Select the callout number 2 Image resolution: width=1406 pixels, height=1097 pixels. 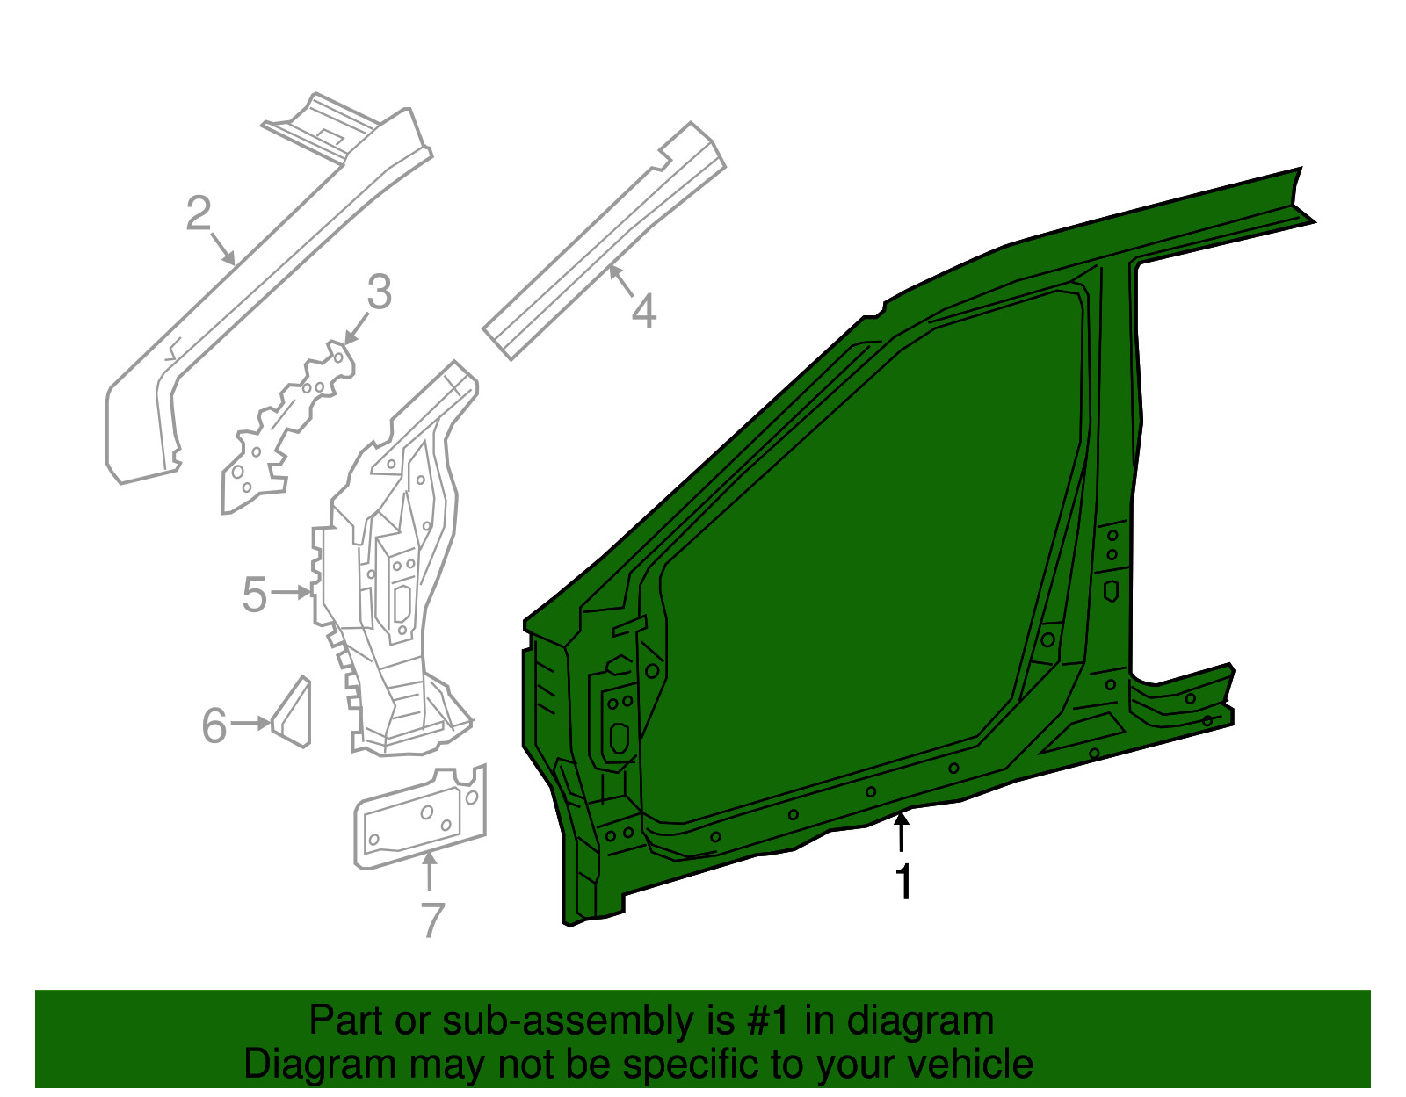[199, 213]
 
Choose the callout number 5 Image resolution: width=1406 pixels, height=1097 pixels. [254, 595]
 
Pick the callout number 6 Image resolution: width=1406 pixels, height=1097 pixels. [214, 725]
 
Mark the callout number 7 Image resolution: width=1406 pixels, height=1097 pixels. [433, 919]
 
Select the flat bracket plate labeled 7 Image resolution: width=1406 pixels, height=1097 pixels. [419, 817]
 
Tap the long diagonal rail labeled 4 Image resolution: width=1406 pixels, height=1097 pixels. [605, 241]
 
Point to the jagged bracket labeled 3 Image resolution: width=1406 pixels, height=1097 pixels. [288, 428]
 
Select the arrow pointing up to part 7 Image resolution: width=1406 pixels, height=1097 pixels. [429, 872]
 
